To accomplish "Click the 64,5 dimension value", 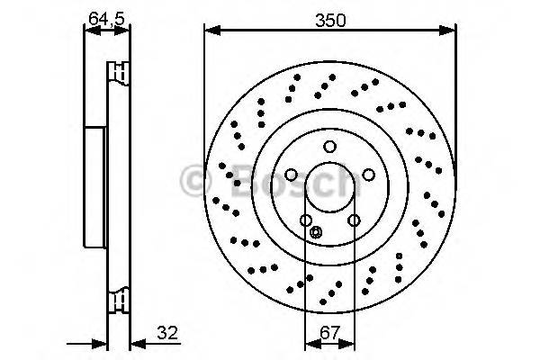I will (106, 15).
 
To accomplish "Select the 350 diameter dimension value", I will (329, 15).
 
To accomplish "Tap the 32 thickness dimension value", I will (166, 333).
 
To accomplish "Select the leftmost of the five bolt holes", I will (291, 175).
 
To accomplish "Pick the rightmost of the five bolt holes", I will (370, 175).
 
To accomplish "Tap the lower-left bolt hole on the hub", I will (306, 220).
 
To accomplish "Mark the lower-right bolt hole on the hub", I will (354, 220).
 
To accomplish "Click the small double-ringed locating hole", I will (315, 233).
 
